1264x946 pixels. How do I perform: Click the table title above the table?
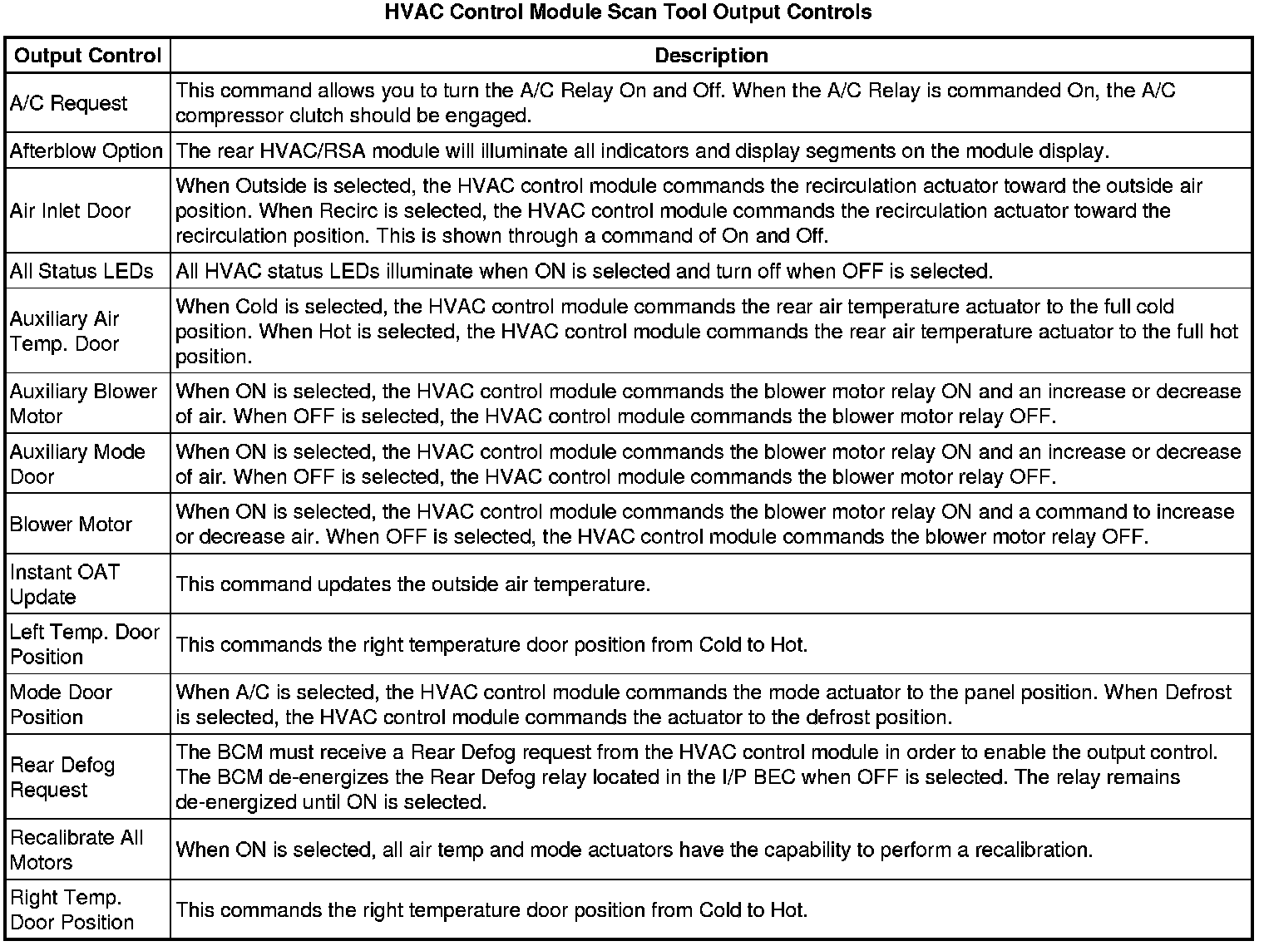(x=628, y=12)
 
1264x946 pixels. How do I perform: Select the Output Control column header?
(x=87, y=56)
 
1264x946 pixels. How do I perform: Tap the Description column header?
(x=711, y=56)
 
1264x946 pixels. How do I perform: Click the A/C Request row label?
(x=68, y=103)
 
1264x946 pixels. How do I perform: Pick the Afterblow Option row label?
(x=86, y=151)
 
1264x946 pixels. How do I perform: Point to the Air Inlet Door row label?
(x=70, y=211)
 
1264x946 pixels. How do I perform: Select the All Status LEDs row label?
(x=81, y=271)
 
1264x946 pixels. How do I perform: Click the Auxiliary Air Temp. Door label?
(x=65, y=331)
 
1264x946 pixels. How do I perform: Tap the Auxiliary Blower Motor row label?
(x=83, y=403)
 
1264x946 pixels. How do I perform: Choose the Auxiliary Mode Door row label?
(x=77, y=464)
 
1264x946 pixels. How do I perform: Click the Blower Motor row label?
(x=71, y=525)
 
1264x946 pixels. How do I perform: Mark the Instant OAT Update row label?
(x=65, y=584)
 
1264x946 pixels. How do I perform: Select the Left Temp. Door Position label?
(x=84, y=644)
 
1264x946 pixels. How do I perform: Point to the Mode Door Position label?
(x=61, y=704)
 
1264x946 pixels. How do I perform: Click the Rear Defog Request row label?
(x=62, y=777)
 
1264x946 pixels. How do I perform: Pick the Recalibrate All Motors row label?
(x=77, y=850)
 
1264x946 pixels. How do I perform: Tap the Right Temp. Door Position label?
(x=72, y=909)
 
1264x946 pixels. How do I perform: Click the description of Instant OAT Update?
(x=413, y=584)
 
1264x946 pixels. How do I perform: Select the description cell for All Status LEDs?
(x=584, y=271)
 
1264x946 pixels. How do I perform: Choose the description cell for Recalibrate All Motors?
(x=634, y=850)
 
